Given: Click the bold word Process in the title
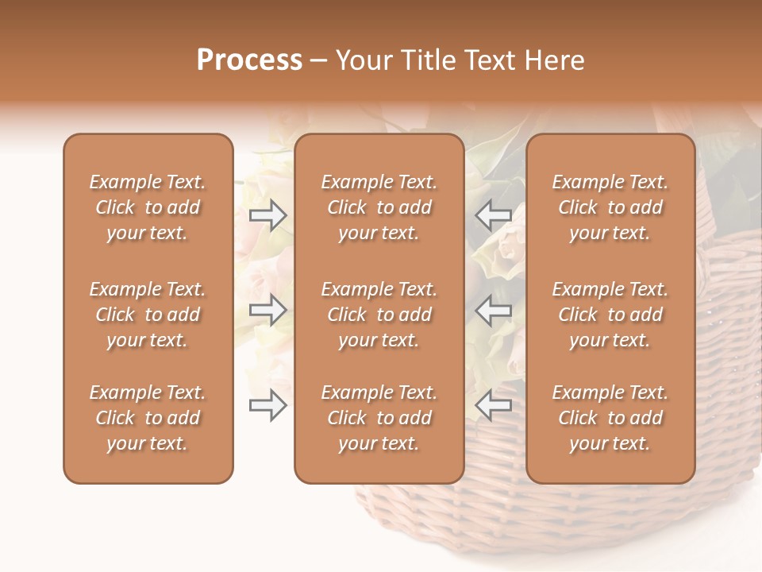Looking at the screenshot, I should [x=249, y=60].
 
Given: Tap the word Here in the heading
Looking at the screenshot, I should [x=556, y=60].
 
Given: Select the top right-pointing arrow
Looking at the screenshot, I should [x=267, y=215].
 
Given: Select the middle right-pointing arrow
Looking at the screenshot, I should [x=267, y=311].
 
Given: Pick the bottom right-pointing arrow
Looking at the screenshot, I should [x=267, y=406].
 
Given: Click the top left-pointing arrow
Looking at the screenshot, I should [x=494, y=215].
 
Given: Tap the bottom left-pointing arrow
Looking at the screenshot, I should [x=494, y=406].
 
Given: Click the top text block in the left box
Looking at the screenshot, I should [x=148, y=207].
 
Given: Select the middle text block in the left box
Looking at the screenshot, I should [x=148, y=315].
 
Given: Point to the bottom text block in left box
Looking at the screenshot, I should [x=148, y=418].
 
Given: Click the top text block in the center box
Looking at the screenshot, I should [x=379, y=207].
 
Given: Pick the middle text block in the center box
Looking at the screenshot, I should [x=379, y=315].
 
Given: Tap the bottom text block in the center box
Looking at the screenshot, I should [x=379, y=418].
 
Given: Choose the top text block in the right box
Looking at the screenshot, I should [x=610, y=207].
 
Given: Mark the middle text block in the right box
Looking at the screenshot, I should [x=610, y=315].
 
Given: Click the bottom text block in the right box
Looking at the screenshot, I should [x=610, y=418].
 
